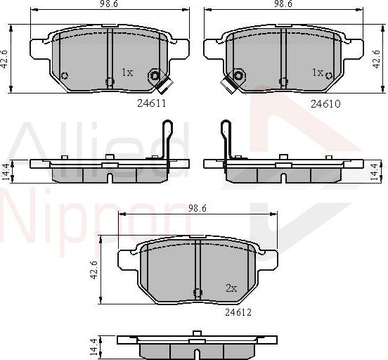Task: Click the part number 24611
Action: coord(151,103)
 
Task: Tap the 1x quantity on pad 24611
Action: coord(127,72)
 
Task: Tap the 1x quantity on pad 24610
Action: coord(318,72)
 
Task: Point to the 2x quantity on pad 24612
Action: coord(231,288)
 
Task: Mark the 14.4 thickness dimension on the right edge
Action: coord(380,169)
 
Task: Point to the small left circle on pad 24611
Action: coord(65,76)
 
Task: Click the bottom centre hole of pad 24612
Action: coord(198,292)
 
